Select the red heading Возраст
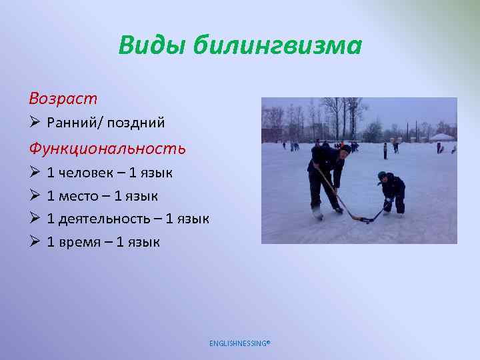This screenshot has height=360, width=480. [63, 99]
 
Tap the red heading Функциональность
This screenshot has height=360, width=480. [107, 147]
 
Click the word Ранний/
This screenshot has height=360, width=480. [76, 123]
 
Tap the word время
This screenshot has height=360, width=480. [81, 241]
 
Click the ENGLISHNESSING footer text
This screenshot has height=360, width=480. [240, 343]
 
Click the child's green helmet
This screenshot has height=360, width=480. [382, 175]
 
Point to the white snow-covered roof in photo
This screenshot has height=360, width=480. [441, 137]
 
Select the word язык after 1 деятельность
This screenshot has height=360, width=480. [192, 219]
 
